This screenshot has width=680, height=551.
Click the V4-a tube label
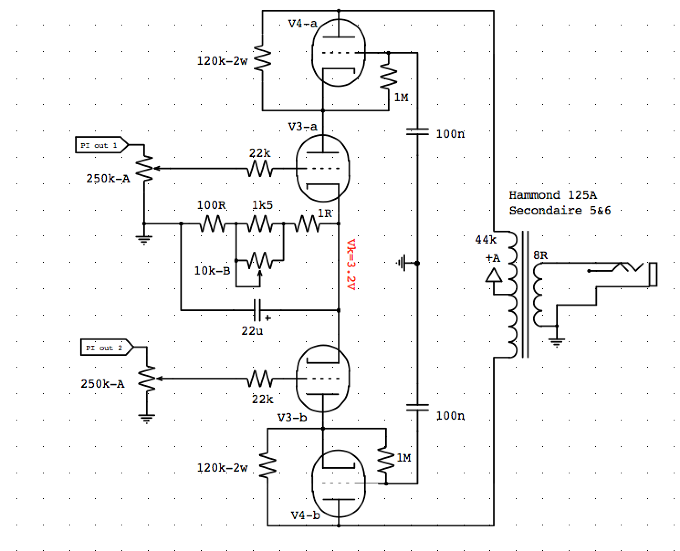click(x=302, y=24)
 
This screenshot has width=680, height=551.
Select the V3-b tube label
click(x=292, y=417)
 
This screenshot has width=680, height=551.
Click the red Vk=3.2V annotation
click(x=350, y=265)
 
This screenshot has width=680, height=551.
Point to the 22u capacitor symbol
click(x=258, y=310)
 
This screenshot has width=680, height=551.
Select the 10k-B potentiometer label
click(x=212, y=271)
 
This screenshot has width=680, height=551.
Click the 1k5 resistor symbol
click(x=260, y=224)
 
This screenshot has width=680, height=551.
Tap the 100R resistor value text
click(x=211, y=205)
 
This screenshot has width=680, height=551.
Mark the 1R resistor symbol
click(x=307, y=224)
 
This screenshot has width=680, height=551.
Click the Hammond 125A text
click(x=552, y=195)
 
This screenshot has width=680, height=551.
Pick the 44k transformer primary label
click(x=486, y=239)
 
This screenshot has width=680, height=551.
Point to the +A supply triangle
click(x=493, y=275)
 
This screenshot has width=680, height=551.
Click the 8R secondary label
click(x=540, y=255)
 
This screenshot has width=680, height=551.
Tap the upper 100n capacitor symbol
click(x=417, y=132)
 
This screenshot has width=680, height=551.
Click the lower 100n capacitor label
click(x=450, y=416)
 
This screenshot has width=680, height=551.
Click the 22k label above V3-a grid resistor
click(x=259, y=153)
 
